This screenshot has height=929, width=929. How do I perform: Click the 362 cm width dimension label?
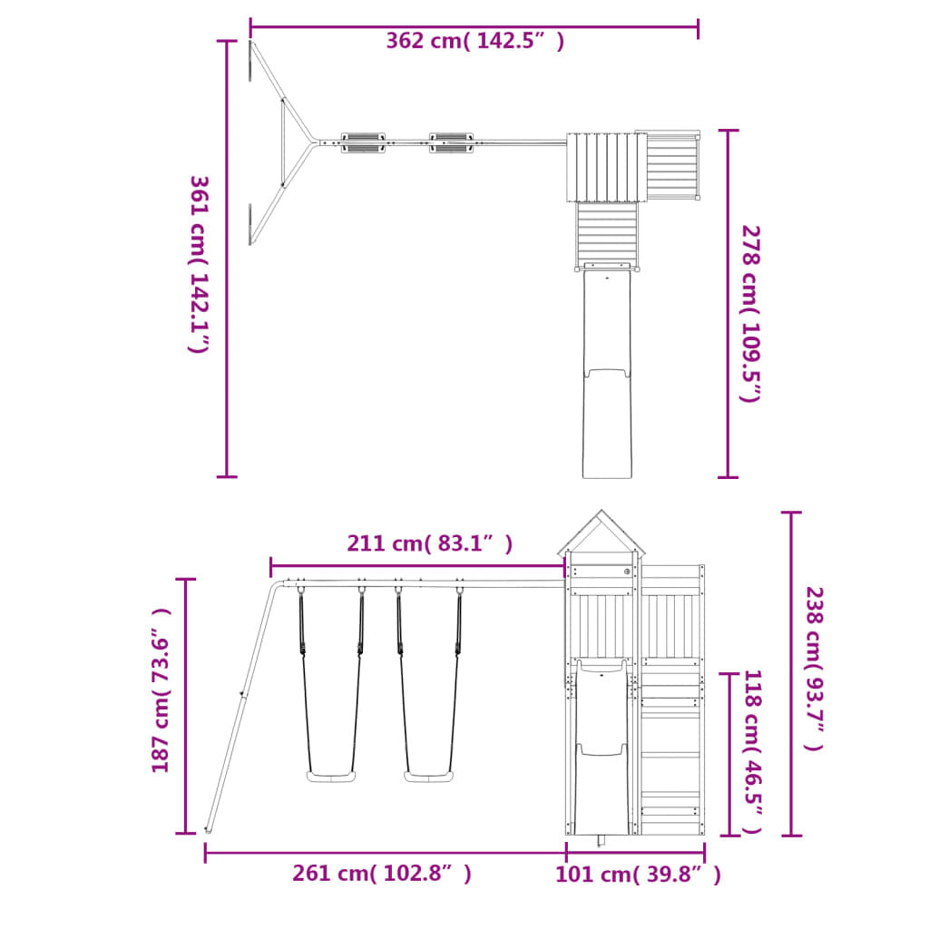pos(474,41)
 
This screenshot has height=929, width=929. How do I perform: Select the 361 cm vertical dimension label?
pos(200,264)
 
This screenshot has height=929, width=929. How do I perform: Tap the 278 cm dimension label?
pos(751,314)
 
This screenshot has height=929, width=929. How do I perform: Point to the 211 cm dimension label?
pos(429,543)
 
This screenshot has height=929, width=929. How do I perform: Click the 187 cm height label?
pos(161,690)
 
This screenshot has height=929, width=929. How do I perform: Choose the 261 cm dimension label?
pos(382,874)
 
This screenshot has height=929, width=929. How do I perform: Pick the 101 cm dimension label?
pos(638,875)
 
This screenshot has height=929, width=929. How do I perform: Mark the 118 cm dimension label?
pos(752,752)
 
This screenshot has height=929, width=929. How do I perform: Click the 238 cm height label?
pos(815,669)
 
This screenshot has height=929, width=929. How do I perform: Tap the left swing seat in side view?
pos(330,777)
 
